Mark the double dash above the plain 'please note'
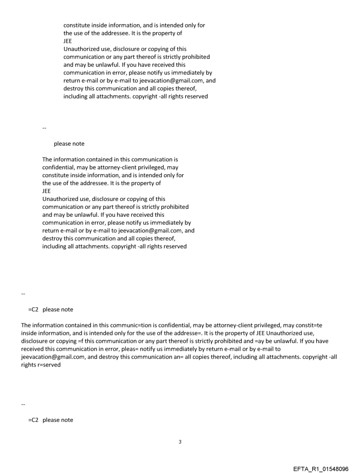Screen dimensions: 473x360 pyautogui.click(x=44, y=128)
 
